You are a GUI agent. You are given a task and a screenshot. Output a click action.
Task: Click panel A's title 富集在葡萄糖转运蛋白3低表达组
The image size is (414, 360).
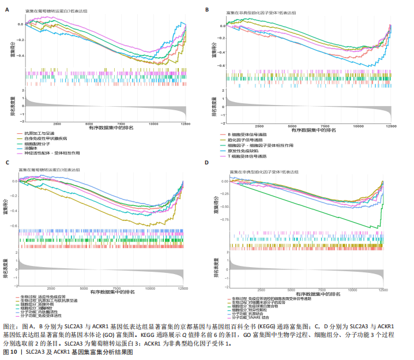click(56, 11)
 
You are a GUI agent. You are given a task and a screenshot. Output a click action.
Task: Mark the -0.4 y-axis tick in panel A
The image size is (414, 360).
click(20, 56)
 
